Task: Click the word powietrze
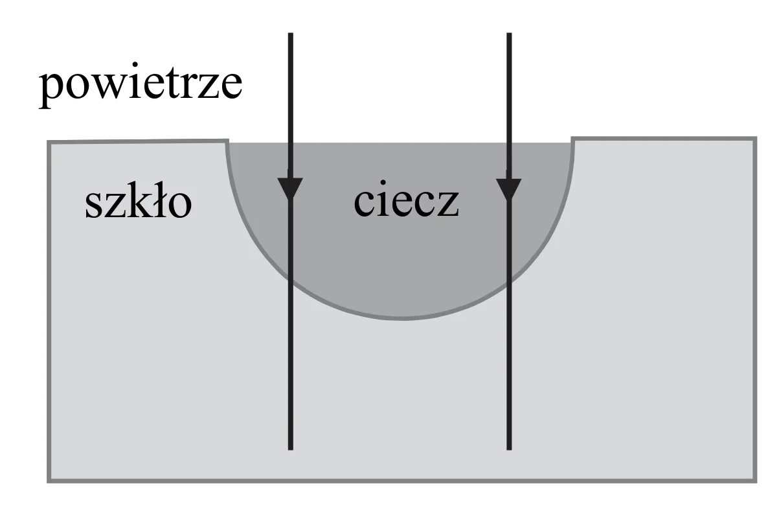(x=141, y=84)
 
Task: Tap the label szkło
(x=139, y=202)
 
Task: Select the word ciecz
(x=407, y=202)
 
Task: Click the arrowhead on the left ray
(x=290, y=188)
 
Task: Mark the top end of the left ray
(x=291, y=34)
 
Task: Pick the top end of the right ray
(x=509, y=34)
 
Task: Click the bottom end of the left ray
(x=291, y=449)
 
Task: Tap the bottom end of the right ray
(x=509, y=449)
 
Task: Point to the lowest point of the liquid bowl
(x=402, y=318)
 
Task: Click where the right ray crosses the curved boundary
(x=509, y=282)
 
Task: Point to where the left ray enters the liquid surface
(x=291, y=143)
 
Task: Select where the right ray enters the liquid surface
(x=509, y=143)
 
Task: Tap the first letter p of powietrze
(x=51, y=89)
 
